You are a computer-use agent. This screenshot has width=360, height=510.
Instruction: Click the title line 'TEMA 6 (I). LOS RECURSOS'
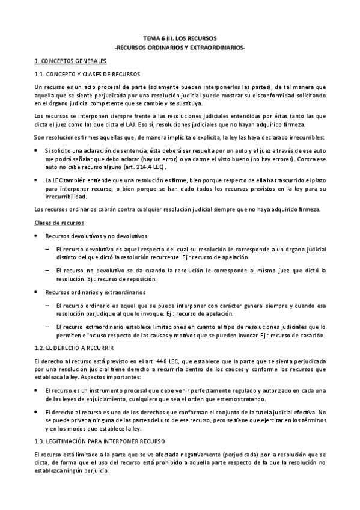180,37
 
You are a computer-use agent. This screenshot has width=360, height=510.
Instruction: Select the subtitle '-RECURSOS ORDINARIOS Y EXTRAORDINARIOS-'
180,47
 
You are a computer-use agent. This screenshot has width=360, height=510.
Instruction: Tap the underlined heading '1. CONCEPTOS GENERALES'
70,61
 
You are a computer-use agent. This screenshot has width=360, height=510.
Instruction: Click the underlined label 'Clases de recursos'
59,223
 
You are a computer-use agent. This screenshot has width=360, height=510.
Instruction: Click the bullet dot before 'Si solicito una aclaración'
37,149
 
